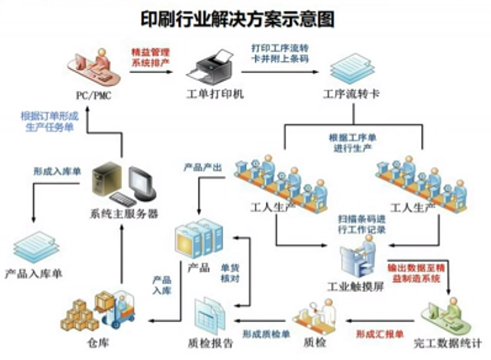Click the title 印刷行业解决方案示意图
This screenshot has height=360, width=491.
[238, 19]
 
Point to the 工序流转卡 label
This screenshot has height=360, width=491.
[351, 94]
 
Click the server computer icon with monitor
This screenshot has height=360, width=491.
[123, 183]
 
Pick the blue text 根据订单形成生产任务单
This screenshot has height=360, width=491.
[49, 122]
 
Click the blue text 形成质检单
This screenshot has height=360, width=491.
[266, 334]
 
